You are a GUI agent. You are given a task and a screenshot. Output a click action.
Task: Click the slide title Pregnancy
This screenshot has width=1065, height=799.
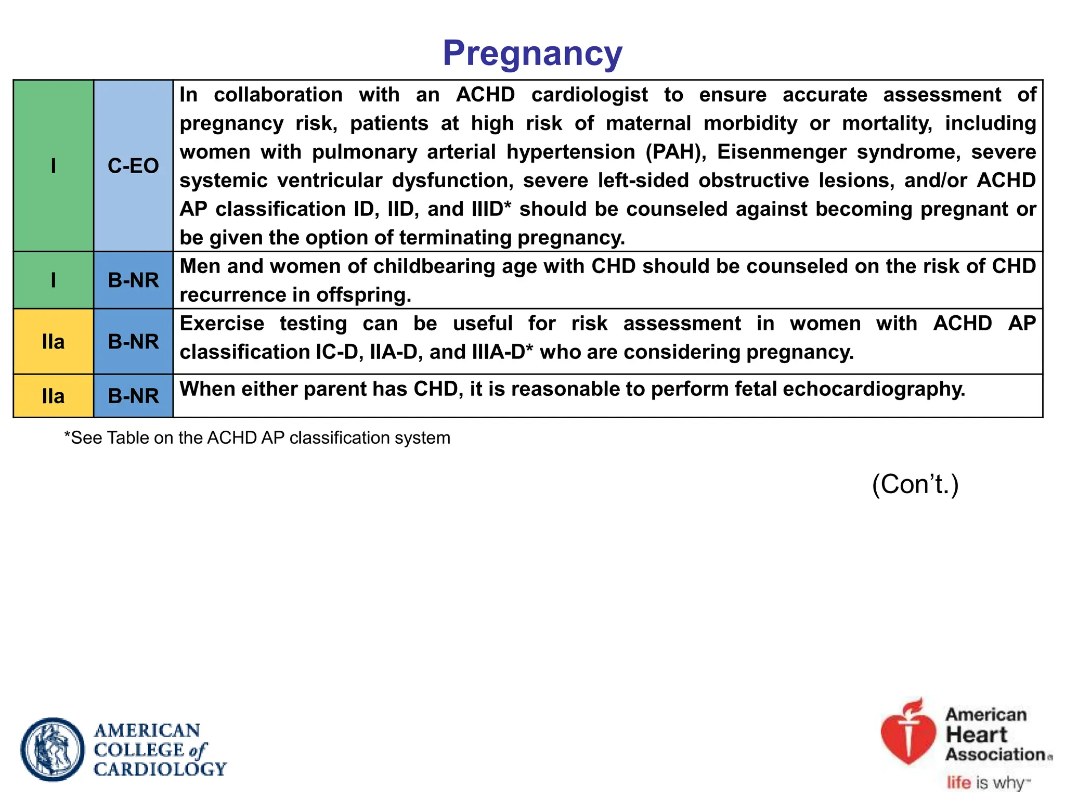click(532, 53)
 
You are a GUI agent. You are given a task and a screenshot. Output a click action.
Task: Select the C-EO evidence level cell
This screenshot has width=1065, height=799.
click(133, 166)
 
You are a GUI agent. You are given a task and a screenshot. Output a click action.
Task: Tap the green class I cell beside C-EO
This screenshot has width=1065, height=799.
click(53, 166)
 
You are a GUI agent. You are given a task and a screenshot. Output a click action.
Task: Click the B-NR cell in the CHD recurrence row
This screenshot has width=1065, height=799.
click(133, 280)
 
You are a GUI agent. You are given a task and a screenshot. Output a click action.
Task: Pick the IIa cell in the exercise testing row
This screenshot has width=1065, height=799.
click(53, 342)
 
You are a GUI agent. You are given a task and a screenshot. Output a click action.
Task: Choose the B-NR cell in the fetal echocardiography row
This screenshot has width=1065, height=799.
click(133, 396)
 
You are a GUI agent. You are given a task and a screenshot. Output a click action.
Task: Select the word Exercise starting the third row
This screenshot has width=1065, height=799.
click(222, 324)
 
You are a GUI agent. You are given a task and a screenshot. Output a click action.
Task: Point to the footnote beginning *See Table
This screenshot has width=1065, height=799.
click(257, 438)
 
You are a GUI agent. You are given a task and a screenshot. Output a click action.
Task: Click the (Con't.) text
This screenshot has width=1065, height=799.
click(915, 484)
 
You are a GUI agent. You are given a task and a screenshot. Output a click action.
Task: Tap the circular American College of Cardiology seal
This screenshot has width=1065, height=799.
click(53, 749)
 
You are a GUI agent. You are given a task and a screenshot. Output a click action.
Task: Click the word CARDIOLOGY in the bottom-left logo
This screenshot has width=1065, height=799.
click(160, 769)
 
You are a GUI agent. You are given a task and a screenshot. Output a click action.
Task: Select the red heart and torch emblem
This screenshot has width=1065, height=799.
click(908, 733)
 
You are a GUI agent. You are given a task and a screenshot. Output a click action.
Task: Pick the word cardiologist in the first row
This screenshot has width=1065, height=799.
click(589, 95)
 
